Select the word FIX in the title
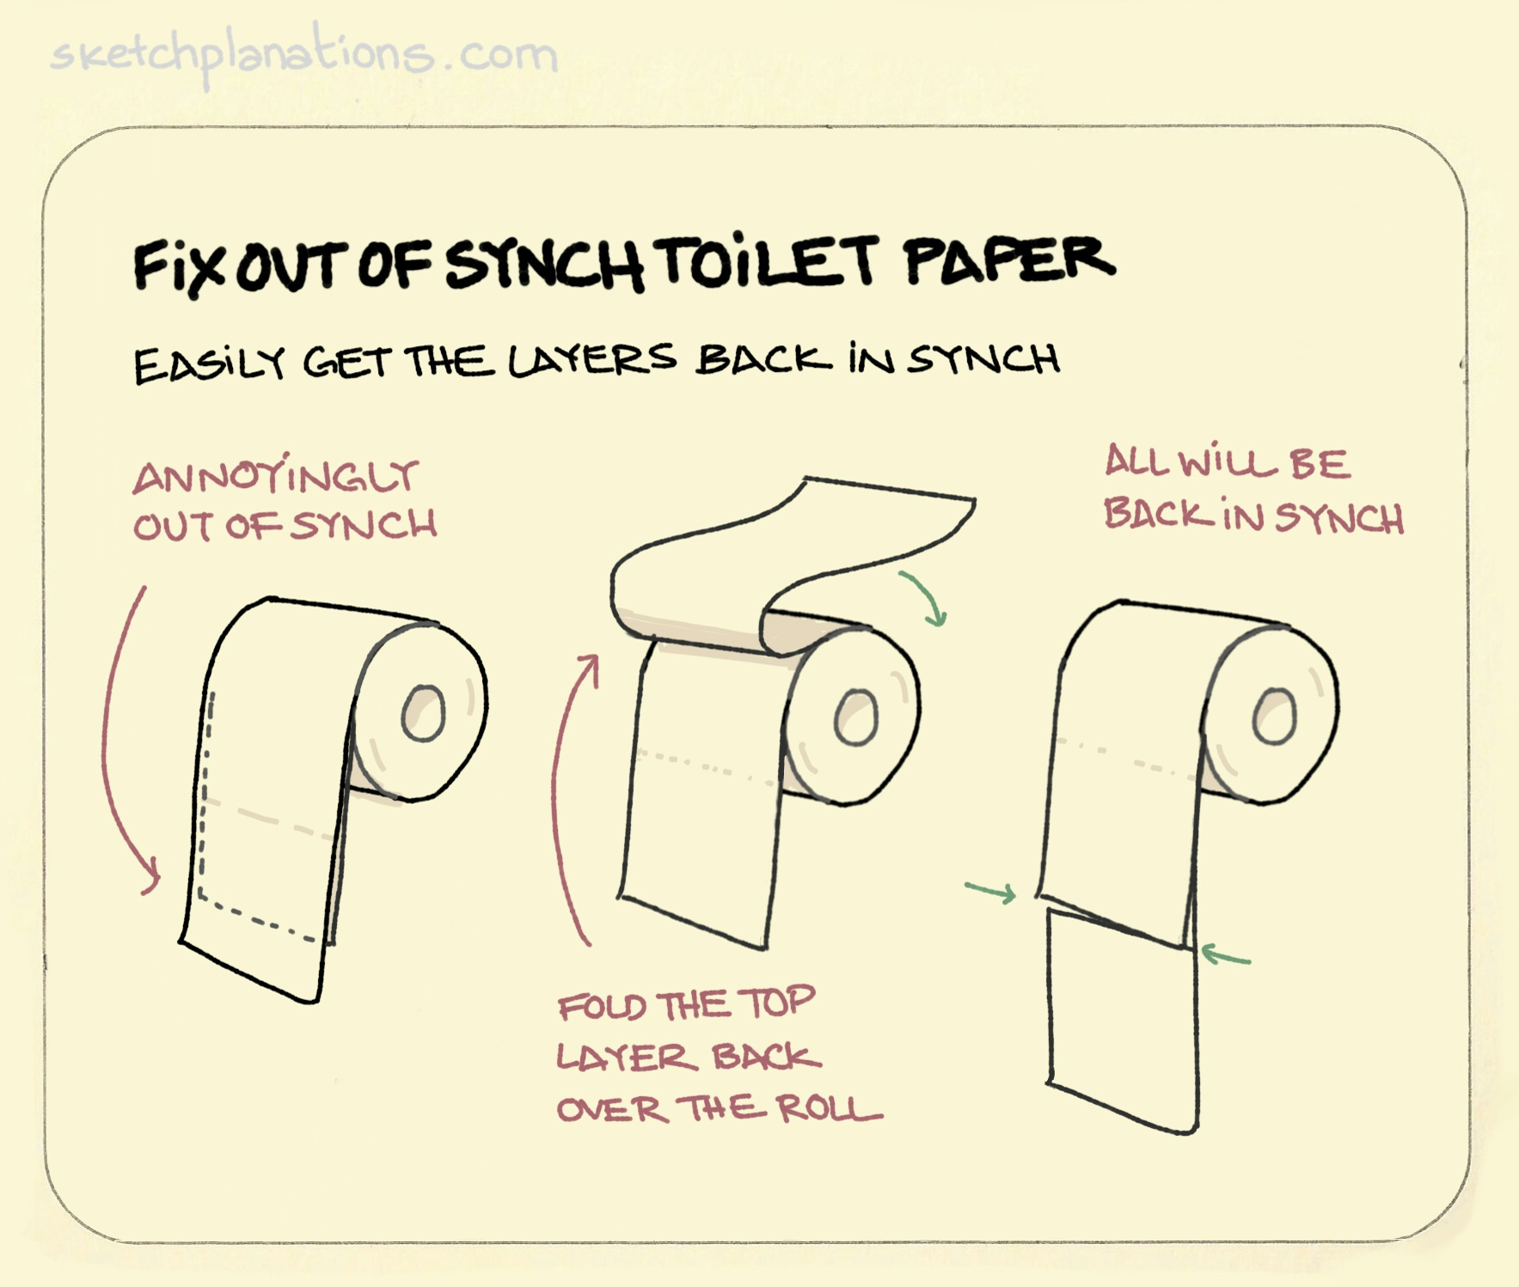coord(182,266)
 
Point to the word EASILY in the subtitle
coord(209,365)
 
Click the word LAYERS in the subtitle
coord(591,361)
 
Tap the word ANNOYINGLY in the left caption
coord(275,477)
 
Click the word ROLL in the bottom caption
coord(830,1108)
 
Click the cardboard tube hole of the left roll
coord(424,713)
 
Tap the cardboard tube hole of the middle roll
coord(856,716)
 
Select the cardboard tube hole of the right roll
coord(1274,716)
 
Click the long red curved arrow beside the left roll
coord(116,739)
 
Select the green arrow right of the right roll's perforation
coord(1225,955)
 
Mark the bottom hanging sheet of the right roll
coord(1122,1022)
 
